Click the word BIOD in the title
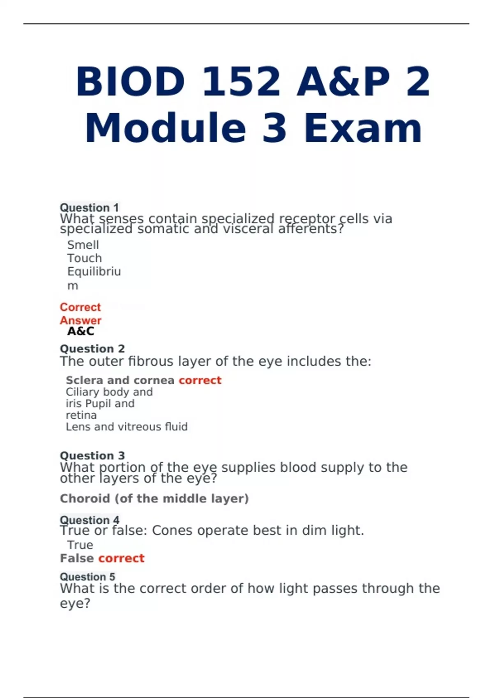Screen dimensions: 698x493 (130, 81)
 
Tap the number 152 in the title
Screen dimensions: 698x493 (241, 81)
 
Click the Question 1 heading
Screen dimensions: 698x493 (89, 207)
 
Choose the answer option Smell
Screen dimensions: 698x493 (83, 245)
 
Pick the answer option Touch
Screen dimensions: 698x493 (84, 258)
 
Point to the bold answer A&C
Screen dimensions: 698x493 (81, 331)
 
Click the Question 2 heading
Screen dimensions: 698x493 (92, 349)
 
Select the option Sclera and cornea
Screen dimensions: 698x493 (120, 380)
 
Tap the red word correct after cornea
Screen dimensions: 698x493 (200, 380)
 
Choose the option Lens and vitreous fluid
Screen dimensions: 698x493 (127, 427)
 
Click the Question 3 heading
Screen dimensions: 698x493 (92, 455)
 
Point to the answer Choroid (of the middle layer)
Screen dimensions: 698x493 (154, 498)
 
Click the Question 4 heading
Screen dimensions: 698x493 (90, 520)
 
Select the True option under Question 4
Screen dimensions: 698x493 (80, 545)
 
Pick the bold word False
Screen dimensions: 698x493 (77, 558)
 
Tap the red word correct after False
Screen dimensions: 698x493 (122, 558)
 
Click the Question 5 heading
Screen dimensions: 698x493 (88, 577)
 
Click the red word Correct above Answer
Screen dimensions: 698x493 (80, 307)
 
